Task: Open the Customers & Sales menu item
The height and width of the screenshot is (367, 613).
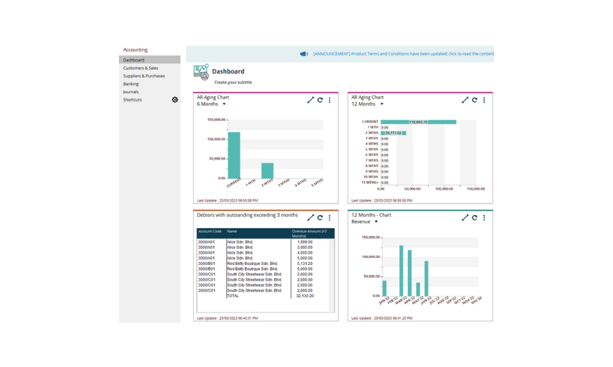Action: pyautogui.click(x=141, y=68)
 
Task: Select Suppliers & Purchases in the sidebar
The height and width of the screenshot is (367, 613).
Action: pyautogui.click(x=144, y=75)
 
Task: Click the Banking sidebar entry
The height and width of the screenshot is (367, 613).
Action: pyautogui.click(x=131, y=84)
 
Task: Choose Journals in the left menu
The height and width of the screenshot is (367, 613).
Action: pyautogui.click(x=131, y=92)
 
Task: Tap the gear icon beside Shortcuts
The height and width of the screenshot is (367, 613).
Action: pyautogui.click(x=175, y=100)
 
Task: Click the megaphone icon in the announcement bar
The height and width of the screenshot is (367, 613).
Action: pyautogui.click(x=304, y=54)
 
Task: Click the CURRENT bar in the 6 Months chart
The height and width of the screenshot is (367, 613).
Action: pyautogui.click(x=234, y=154)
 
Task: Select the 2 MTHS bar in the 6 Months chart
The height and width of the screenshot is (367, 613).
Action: pyautogui.click(x=267, y=170)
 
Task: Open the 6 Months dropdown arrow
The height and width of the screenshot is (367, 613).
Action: pyautogui.click(x=224, y=104)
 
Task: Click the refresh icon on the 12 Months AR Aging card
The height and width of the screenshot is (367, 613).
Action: pyautogui.click(x=474, y=100)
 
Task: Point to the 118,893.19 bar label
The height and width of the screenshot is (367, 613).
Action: pyautogui.click(x=418, y=122)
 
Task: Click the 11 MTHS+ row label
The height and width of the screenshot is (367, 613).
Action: pyautogui.click(x=371, y=182)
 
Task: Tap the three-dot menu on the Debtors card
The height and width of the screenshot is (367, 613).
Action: pyautogui.click(x=330, y=217)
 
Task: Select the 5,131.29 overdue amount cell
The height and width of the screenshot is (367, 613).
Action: pyautogui.click(x=305, y=263)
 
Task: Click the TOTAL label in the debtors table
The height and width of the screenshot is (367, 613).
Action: pyautogui.click(x=232, y=296)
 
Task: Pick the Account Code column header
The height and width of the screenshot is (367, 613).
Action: pyautogui.click(x=210, y=231)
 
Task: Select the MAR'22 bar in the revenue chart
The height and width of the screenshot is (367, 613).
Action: pyautogui.click(x=401, y=270)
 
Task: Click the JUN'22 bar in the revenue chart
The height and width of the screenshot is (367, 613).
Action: pyautogui.click(x=425, y=278)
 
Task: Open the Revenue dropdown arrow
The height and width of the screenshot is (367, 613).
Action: pyautogui.click(x=376, y=222)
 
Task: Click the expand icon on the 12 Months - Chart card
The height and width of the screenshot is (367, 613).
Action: pyautogui.click(x=465, y=217)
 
